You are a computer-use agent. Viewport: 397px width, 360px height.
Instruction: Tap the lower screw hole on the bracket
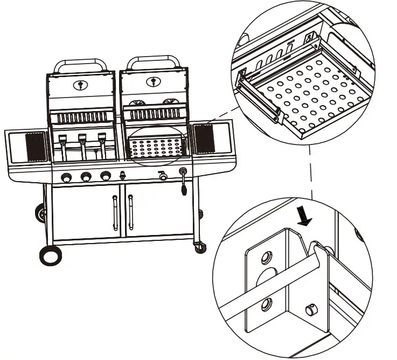click(266, 306)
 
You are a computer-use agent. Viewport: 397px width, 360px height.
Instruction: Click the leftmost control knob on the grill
click(67, 176)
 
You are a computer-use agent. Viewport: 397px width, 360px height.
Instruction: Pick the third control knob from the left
click(105, 176)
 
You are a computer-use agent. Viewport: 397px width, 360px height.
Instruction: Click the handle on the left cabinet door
click(114, 213)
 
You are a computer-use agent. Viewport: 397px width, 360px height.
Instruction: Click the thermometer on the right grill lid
click(154, 81)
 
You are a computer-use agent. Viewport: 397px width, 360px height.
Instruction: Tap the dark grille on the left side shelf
click(34, 146)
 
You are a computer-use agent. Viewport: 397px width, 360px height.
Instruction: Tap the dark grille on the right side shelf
click(204, 139)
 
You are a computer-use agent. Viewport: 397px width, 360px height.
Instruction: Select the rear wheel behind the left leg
click(39, 213)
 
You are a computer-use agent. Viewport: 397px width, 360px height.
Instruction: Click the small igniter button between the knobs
click(123, 176)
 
